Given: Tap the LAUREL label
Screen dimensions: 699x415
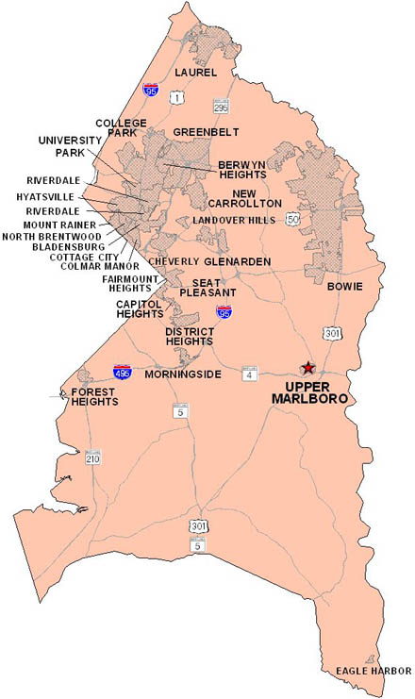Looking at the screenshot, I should (195, 73).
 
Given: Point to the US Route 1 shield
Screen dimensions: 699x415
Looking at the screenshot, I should (174, 98).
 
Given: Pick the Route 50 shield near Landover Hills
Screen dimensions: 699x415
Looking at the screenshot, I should (293, 219).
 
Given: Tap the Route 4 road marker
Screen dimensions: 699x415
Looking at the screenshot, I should (248, 374).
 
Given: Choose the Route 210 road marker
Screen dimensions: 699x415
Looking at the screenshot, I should (92, 458).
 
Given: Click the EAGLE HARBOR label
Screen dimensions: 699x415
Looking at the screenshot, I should (373, 672).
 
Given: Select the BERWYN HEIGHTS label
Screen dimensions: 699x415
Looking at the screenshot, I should (242, 169).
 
